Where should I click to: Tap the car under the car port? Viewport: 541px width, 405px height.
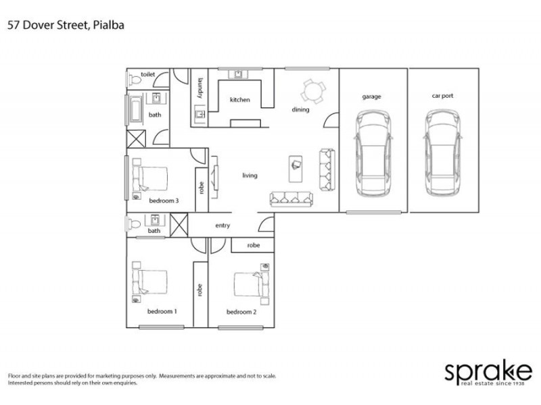[443, 154]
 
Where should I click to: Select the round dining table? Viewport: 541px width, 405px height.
[312, 90]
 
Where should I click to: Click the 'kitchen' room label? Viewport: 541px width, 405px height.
[239, 100]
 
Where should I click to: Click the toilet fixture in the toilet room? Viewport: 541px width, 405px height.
[134, 80]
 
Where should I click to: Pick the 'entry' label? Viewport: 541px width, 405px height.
[222, 225]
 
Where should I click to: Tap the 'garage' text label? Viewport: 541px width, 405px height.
[371, 97]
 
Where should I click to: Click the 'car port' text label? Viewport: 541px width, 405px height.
[442, 96]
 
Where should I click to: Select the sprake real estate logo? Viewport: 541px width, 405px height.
[487, 373]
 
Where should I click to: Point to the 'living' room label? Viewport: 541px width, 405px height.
[250, 175]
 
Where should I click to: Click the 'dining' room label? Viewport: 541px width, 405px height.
[300, 109]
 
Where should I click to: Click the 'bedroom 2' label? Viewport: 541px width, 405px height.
[241, 312]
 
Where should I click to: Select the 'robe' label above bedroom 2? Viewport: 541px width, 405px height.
[253, 245]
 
